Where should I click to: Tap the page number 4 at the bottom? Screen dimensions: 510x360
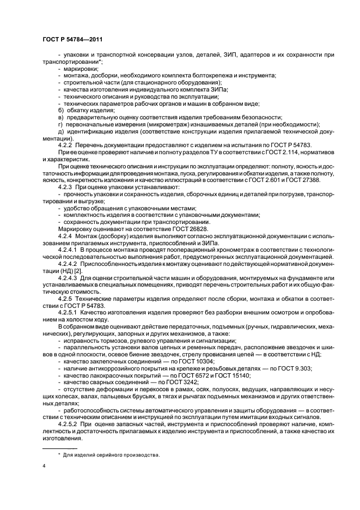[43, 465]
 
